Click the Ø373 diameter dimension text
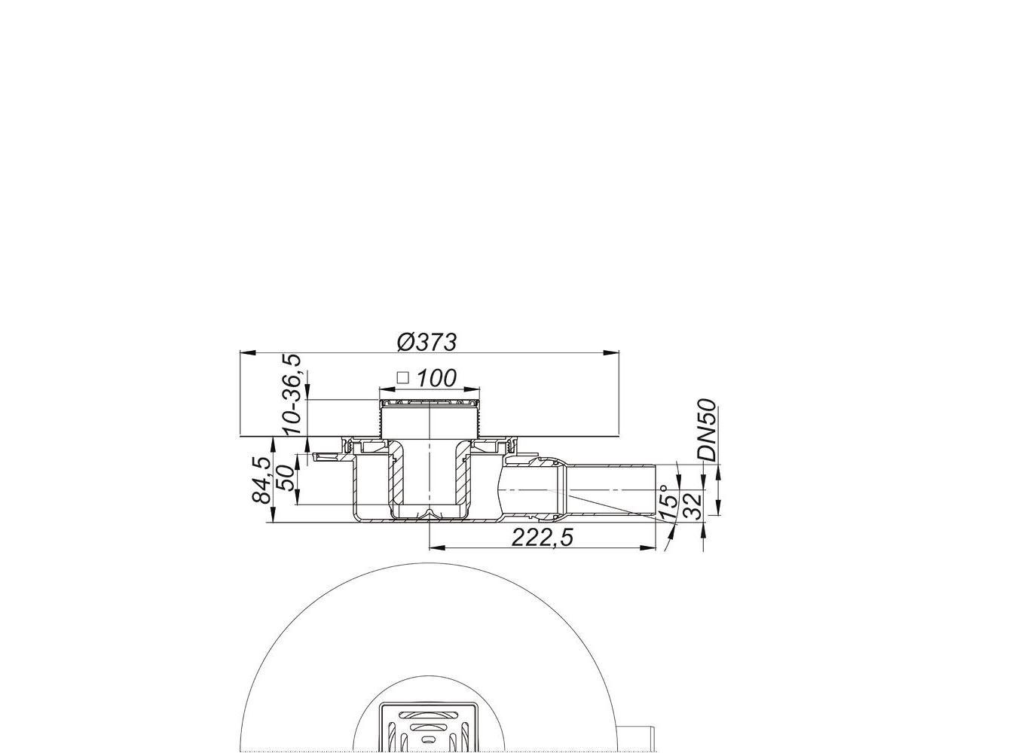(x=427, y=342)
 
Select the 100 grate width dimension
(x=436, y=377)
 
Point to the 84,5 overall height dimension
(x=262, y=480)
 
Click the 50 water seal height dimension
(x=286, y=477)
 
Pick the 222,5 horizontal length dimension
(x=542, y=538)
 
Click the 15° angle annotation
(x=667, y=501)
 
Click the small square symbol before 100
(x=403, y=377)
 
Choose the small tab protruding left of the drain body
(x=324, y=456)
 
